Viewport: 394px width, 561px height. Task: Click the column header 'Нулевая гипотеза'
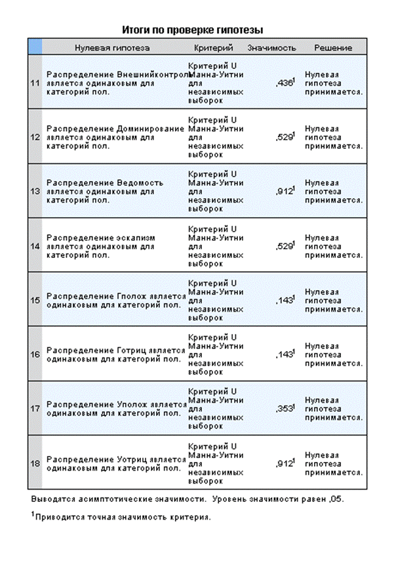click(x=112, y=48)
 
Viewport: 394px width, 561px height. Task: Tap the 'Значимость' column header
click(x=271, y=48)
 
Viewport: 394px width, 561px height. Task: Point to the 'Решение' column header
click(x=333, y=48)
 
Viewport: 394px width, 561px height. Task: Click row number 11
click(x=35, y=84)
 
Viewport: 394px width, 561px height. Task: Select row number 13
click(x=35, y=191)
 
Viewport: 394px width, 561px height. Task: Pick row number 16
click(x=35, y=354)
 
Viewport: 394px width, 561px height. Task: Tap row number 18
click(x=35, y=464)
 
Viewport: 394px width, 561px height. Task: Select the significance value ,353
click(x=285, y=409)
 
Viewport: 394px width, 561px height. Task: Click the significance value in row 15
click(x=285, y=300)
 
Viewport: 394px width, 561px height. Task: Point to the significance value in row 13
click(x=285, y=191)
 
